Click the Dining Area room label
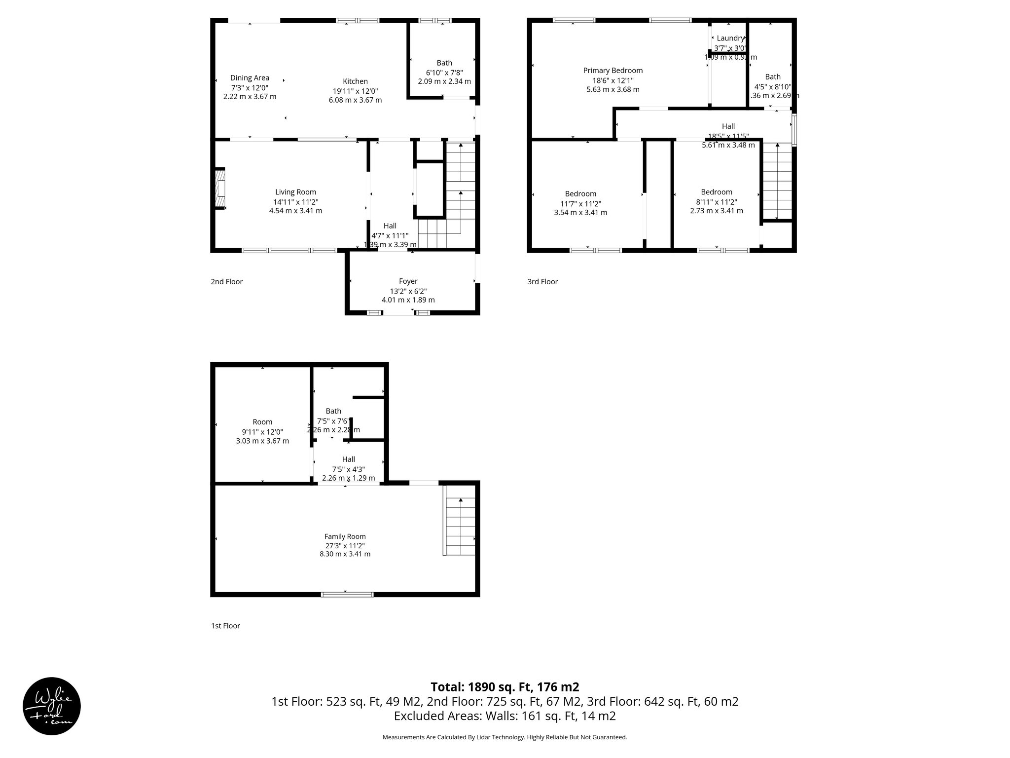click(250, 77)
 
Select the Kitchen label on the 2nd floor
click(355, 81)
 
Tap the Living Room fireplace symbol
click(220, 189)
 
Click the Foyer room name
click(408, 281)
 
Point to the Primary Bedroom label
click(613, 71)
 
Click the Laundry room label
click(730, 38)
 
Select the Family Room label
click(345, 536)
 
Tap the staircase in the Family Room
click(460, 526)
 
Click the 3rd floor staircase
click(777, 181)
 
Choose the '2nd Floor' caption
click(227, 282)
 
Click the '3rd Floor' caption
click(542, 282)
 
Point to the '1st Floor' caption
click(225, 626)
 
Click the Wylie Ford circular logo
click(52, 706)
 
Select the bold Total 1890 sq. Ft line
click(505, 687)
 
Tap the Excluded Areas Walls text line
click(505, 716)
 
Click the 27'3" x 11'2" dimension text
click(345, 546)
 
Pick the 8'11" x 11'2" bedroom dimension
click(716, 202)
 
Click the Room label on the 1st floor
click(262, 422)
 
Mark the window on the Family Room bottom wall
click(347, 594)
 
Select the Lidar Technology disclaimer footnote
click(505, 737)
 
